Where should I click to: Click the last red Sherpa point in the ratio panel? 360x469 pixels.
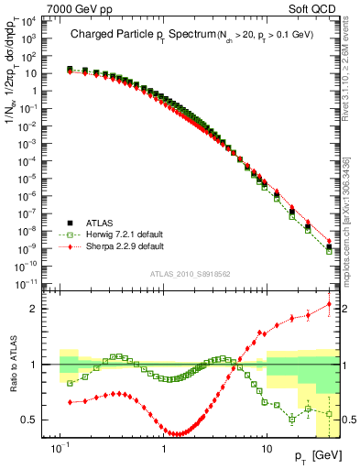click(330, 304)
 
